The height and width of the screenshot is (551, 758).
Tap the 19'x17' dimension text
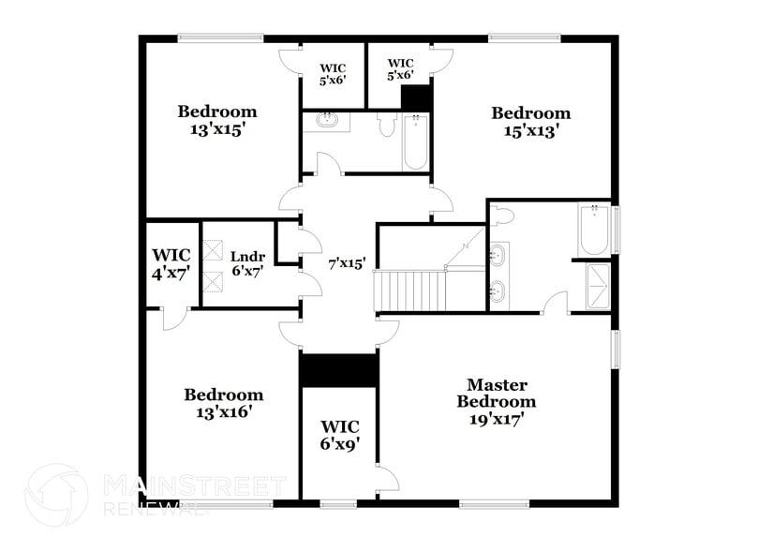coord(497,419)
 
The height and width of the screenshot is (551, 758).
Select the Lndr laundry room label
coord(247,257)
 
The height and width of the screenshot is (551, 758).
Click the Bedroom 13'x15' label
coord(217,121)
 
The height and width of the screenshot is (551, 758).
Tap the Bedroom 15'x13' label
coord(531,122)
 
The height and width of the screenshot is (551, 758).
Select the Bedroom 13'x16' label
coord(223,402)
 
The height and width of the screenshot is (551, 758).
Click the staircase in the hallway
coord(410,290)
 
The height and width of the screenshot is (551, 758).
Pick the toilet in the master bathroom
coord(503,216)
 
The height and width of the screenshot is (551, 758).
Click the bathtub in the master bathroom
coord(594,230)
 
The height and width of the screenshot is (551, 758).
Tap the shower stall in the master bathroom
coord(597,286)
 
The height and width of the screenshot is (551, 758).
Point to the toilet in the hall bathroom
coord(386,125)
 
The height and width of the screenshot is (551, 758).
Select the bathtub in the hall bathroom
coord(415,141)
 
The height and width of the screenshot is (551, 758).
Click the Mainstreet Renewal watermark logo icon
coord(56,495)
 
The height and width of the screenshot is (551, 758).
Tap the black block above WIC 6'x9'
coord(338,370)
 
